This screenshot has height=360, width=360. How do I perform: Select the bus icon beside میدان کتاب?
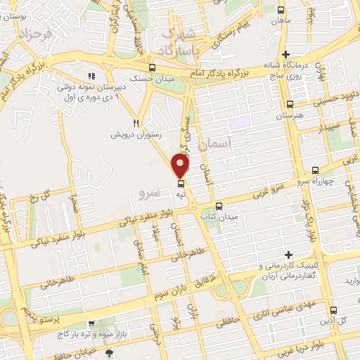point(220,206)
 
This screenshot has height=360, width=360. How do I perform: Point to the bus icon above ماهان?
point(282,11)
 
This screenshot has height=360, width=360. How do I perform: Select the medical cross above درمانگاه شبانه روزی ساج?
point(285,54)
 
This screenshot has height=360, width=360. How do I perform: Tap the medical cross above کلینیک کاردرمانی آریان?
point(288,254)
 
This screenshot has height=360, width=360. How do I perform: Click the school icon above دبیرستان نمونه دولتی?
point(90,76)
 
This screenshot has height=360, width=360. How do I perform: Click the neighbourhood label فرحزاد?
point(37,33)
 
